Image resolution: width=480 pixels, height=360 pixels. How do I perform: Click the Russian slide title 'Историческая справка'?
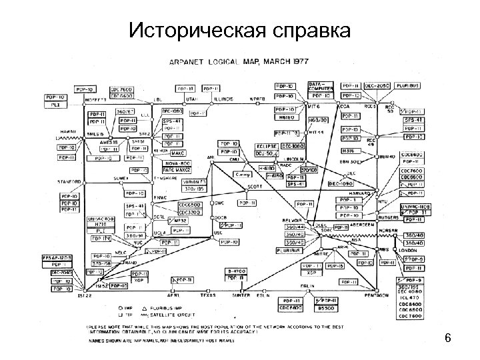click(x=239, y=29)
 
